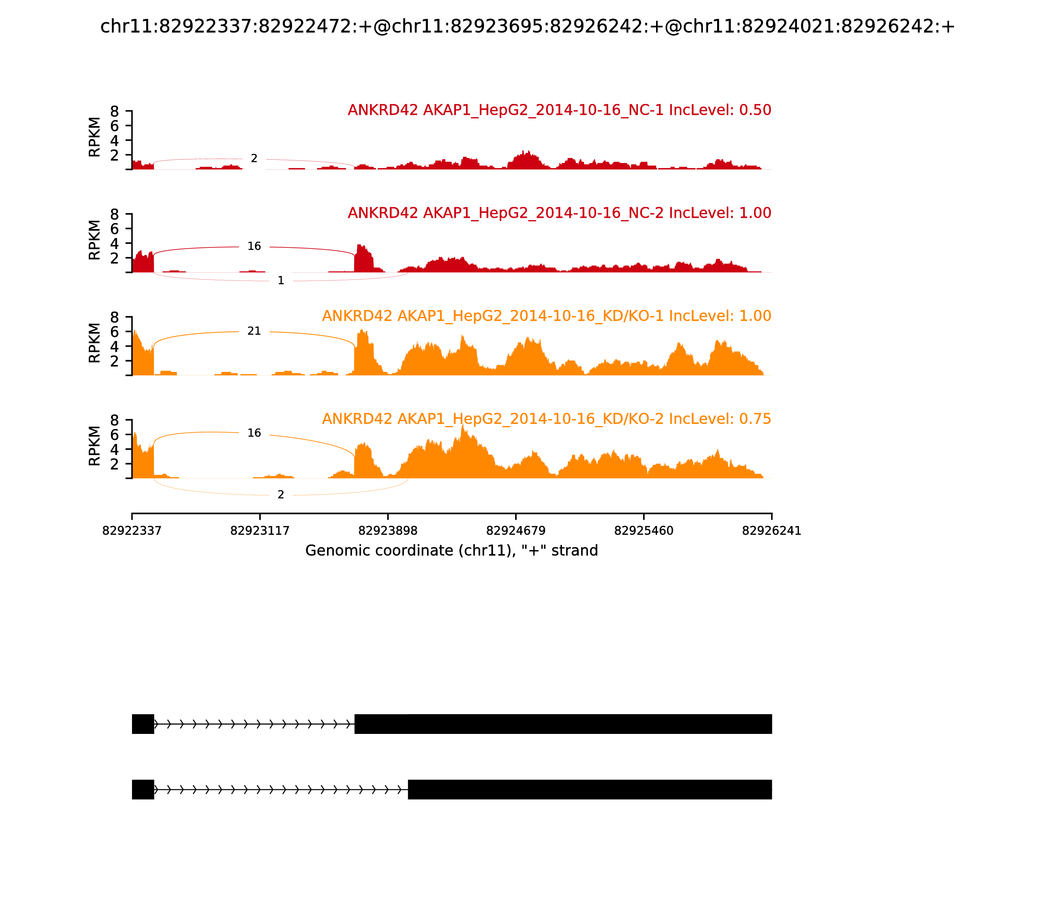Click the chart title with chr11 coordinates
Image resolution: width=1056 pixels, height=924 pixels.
click(527, 27)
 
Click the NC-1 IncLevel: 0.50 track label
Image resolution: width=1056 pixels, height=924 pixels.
click(559, 110)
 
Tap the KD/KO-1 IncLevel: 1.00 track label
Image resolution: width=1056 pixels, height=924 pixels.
click(546, 316)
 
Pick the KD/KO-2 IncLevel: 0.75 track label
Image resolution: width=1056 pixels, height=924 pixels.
click(546, 419)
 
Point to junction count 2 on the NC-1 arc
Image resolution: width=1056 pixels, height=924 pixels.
click(254, 159)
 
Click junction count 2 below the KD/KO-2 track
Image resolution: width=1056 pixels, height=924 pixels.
click(280, 495)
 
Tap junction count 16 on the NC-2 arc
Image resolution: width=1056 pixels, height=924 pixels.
click(254, 247)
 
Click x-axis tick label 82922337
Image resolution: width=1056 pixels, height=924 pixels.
click(132, 531)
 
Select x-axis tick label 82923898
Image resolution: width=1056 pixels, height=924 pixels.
click(388, 531)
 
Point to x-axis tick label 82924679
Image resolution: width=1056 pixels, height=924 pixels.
click(515, 531)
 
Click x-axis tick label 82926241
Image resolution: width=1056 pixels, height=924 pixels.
click(772, 531)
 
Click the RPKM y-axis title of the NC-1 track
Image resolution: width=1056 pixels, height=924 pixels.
click(94, 137)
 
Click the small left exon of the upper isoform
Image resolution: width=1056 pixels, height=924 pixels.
click(143, 724)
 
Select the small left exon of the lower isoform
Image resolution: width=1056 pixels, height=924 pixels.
click(143, 789)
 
